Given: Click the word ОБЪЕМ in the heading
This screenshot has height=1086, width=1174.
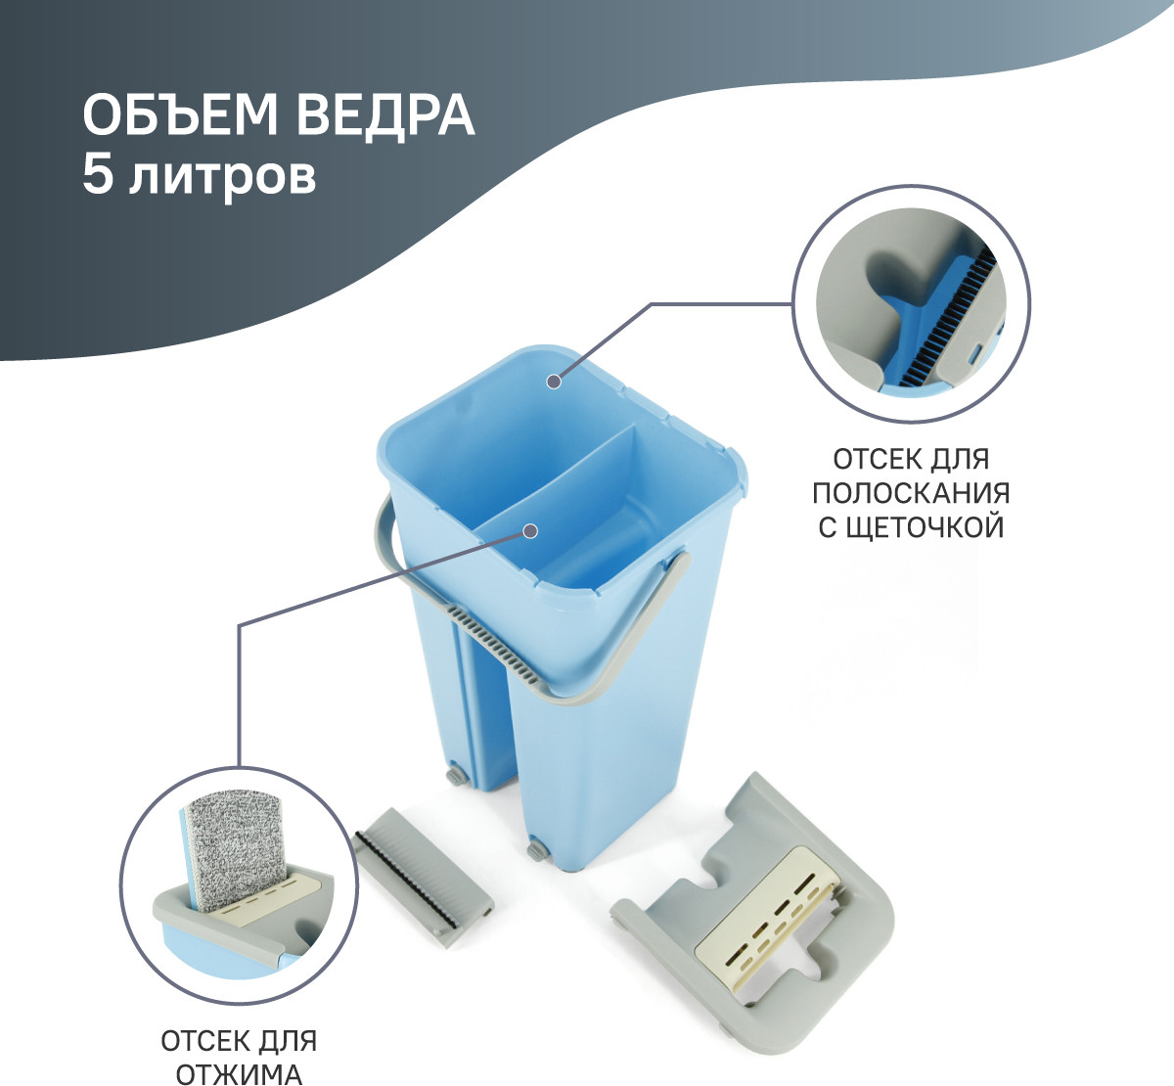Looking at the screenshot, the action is [180, 114].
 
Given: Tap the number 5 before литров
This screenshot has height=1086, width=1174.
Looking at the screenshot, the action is [98, 174].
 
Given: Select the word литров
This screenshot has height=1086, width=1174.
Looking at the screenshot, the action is [222, 177].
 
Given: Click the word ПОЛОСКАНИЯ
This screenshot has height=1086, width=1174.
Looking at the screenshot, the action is [911, 492].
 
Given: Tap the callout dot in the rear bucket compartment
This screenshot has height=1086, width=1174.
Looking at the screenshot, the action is [554, 382].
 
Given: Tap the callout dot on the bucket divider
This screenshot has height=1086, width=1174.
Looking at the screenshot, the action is [531, 531].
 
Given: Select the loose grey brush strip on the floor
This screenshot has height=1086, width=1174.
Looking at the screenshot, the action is [424, 880].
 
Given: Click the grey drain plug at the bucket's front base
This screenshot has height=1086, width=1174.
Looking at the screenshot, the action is [535, 852].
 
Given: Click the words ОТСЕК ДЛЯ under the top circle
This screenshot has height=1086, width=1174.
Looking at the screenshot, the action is [911, 459].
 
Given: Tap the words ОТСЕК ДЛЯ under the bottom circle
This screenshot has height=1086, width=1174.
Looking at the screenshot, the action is [239, 1040].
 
